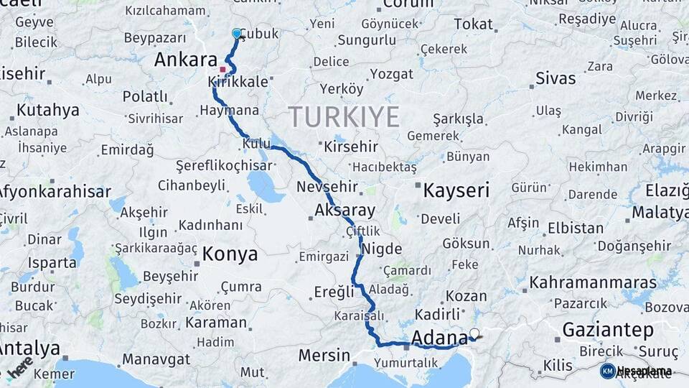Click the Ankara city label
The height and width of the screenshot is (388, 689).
point(185,60)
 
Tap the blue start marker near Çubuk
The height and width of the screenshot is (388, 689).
point(237,33)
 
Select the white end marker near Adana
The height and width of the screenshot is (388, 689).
point(474,333)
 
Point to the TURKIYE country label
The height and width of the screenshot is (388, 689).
point(344,116)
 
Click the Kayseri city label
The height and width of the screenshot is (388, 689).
point(456,190)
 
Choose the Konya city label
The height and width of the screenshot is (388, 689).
point(229,254)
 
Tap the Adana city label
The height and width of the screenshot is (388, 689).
point(440,337)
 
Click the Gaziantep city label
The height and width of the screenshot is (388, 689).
point(608,330)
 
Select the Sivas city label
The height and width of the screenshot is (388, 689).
point(555,78)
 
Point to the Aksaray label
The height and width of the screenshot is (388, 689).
point(344,211)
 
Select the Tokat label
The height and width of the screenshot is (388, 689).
point(473,24)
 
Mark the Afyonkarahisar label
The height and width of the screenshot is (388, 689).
point(53,193)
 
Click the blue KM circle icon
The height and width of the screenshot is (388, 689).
point(607,371)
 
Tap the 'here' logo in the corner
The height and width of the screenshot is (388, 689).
point(19,367)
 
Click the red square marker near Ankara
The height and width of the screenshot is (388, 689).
point(222,70)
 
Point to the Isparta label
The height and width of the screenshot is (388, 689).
point(52,263)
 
